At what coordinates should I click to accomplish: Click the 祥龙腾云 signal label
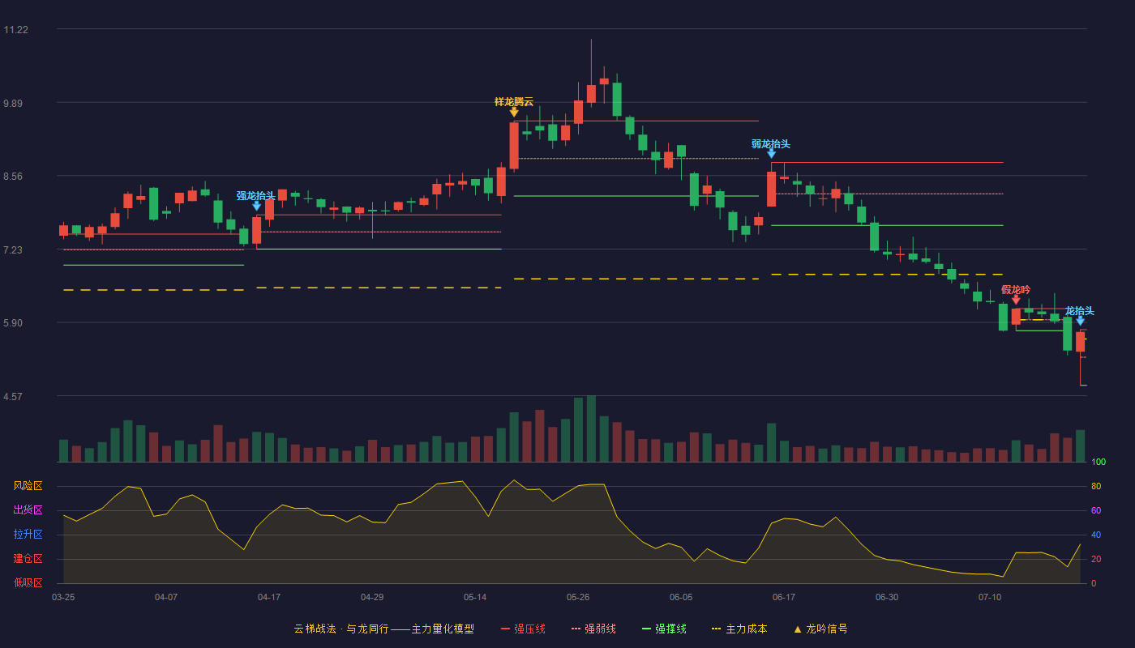514,102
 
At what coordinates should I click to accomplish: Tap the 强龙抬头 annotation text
256,195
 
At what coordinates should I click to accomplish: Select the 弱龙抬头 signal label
771,144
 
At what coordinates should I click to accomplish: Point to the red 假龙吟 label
1015,290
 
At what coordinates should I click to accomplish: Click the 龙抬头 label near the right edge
1079,311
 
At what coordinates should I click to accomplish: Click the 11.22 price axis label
15,30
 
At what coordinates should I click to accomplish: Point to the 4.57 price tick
13,396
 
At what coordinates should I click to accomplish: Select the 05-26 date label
578,598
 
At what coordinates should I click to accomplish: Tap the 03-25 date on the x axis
63,598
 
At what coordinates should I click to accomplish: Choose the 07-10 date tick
990,598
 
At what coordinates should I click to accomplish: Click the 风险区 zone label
28,486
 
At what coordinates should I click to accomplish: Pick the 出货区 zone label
28,509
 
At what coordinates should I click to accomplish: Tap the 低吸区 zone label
28,582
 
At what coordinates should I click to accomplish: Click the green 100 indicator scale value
1099,462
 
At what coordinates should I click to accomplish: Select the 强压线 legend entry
523,629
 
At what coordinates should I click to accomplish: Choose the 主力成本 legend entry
739,629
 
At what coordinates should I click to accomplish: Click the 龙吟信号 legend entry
820,629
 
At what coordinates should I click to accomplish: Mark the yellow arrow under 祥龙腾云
514,113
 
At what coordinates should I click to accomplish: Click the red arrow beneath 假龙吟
1016,300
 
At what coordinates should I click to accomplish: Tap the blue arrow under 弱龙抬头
771,154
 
